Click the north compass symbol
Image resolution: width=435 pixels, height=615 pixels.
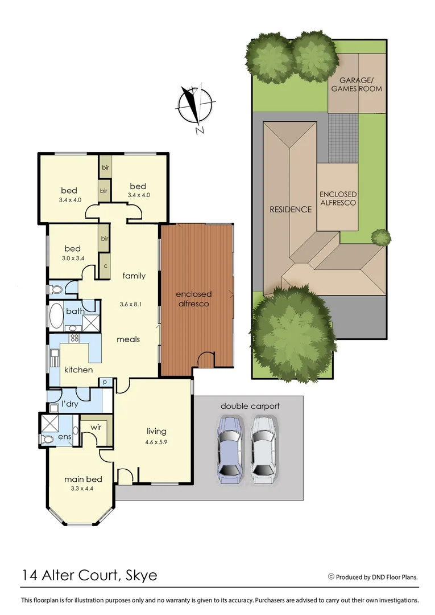point(196,106)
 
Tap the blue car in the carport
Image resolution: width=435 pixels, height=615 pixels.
point(230,449)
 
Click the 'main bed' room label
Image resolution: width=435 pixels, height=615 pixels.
point(82,479)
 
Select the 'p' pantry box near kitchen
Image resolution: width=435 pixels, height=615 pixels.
point(105,383)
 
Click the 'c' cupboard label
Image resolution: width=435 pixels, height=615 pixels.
point(105,265)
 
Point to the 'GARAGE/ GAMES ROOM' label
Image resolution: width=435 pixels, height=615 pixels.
point(357,85)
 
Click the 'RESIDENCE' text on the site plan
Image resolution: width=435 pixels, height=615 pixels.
point(291,209)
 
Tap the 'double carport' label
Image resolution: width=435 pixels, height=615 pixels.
point(250,406)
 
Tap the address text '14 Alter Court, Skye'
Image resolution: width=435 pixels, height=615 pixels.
point(89,575)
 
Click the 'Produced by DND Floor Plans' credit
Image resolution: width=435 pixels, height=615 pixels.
point(376,577)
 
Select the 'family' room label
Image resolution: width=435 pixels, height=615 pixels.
point(134,276)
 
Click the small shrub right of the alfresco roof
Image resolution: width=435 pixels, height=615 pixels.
point(381,236)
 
